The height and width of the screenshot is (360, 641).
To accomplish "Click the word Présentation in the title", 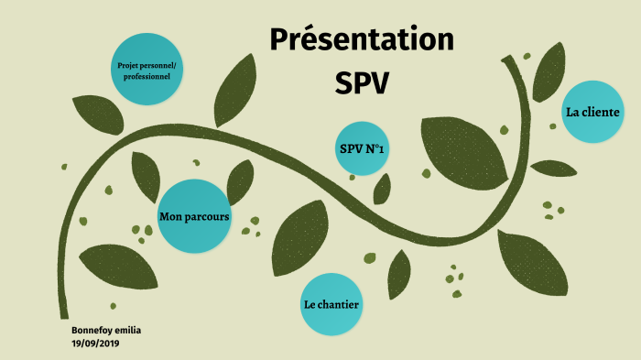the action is [363, 41].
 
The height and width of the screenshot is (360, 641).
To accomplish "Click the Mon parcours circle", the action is [194, 217].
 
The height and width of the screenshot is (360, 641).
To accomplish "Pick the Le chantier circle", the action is [331, 304].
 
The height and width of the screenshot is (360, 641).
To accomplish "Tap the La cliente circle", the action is [592, 113].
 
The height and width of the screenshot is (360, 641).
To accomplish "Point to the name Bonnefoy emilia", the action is [106, 329].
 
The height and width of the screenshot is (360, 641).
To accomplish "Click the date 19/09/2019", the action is [96, 343].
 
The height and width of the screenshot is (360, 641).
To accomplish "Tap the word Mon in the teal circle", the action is [169, 217].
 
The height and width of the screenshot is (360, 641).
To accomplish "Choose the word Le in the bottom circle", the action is [309, 304].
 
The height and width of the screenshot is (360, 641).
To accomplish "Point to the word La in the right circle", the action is [573, 113].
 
